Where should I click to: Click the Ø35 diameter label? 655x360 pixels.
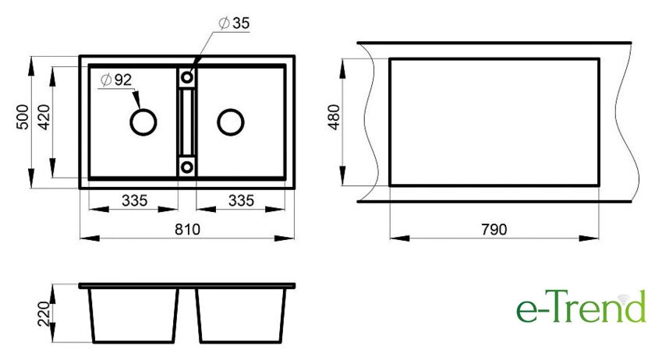coord(235,23)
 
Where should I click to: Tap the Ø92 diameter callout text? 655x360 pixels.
coord(116,79)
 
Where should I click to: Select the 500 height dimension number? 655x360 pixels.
coord(22,117)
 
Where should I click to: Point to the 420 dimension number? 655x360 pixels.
coord(44,117)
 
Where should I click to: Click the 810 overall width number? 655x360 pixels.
coord(187,229)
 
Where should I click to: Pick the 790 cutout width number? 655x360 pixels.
coord(494,229)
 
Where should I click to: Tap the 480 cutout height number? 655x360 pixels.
coord(335,117)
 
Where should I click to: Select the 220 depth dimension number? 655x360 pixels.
coord(44,314)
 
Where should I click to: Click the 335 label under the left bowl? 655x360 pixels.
coord(134,200)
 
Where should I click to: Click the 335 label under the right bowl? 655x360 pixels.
coord(241,200)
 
